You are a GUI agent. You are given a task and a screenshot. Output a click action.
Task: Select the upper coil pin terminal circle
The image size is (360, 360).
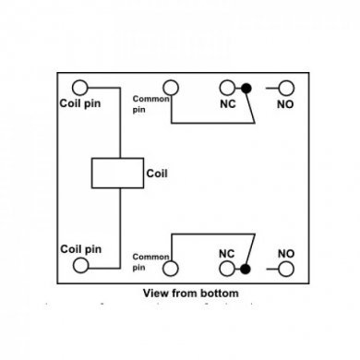coord(82,87)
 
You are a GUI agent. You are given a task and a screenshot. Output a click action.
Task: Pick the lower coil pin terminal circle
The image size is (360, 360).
coord(82,266)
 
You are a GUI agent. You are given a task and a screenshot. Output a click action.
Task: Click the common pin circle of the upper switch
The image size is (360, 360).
coord(172,88)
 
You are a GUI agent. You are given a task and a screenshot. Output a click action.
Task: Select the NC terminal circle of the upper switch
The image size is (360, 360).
coord(227,88)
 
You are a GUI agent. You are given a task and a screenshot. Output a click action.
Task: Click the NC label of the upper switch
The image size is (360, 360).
coord(226,105)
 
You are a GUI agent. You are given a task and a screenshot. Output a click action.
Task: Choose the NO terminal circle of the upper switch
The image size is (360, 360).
coord(285,88)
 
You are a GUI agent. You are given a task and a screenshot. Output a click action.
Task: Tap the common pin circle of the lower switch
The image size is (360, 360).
coord(172,268)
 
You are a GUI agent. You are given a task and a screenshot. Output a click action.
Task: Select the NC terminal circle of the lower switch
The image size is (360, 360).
coord(227,268)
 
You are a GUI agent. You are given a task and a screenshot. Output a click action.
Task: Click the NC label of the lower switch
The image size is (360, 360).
coord(226,250)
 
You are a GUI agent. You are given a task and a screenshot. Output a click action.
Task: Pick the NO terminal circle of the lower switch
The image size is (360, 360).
coord(285,268)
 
